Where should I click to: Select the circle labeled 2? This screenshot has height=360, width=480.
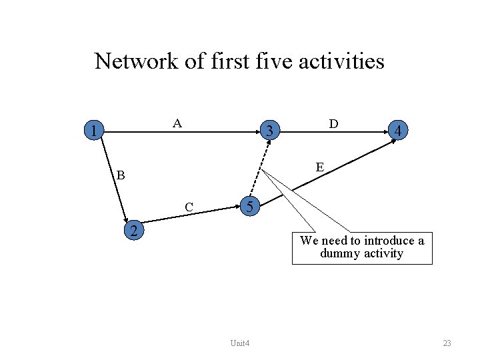pyautogui.click(x=135, y=231)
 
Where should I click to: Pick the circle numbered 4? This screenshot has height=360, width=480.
pyautogui.click(x=397, y=131)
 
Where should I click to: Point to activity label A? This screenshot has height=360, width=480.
pyautogui.click(x=177, y=123)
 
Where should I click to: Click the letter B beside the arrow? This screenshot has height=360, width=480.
pyautogui.click(x=120, y=176)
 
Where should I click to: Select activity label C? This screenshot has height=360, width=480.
pyautogui.click(x=189, y=207)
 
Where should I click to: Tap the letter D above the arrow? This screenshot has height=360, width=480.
pyautogui.click(x=333, y=124)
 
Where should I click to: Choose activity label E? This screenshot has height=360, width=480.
pyautogui.click(x=320, y=167)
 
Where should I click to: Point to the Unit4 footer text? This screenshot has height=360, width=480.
pyautogui.click(x=239, y=343)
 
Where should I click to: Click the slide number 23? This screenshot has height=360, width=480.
pyautogui.click(x=447, y=343)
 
